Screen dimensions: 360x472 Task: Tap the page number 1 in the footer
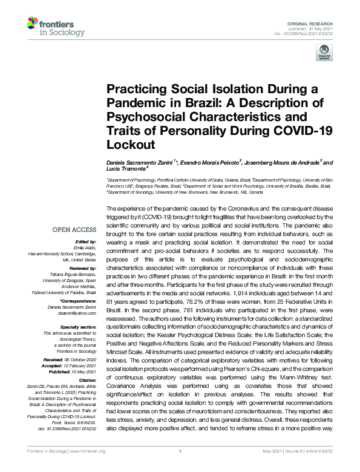[180, 468]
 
